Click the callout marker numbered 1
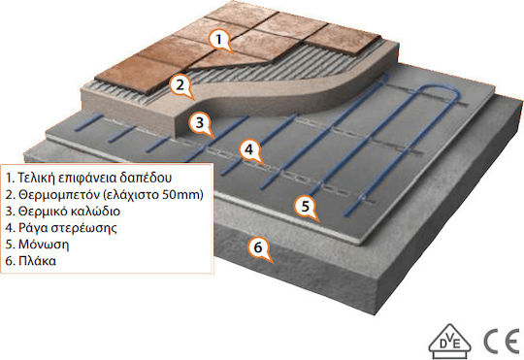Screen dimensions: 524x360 pos(219,40)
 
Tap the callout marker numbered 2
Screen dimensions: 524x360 pos(180,84)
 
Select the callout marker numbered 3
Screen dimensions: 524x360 pos(200,123)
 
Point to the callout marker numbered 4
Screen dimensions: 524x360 pos(249,149)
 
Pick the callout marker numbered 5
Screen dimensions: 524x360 pos(306,207)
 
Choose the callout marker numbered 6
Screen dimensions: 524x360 pos(258,247)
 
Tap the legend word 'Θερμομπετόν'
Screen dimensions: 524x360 pos(59,194)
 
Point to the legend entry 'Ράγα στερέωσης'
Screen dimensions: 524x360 pos(68,228)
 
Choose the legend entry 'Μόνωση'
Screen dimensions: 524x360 pos(44,245)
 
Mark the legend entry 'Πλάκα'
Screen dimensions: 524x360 pos(37,261)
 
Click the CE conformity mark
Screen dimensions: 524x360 pos(502,342)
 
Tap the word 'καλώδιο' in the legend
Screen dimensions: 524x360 pos(96,212)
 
